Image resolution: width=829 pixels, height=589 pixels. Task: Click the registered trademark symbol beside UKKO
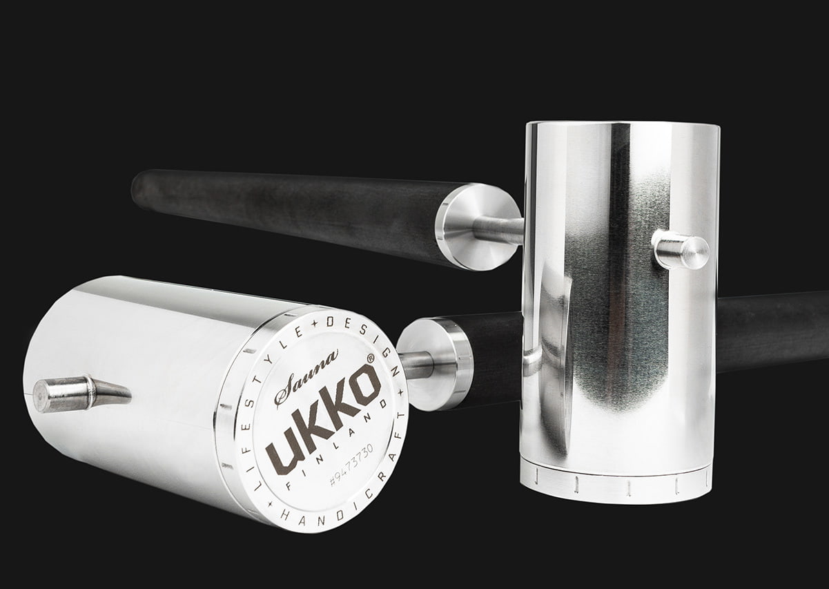click(370, 358)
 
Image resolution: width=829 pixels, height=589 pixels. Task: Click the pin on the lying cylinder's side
click(81, 394)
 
